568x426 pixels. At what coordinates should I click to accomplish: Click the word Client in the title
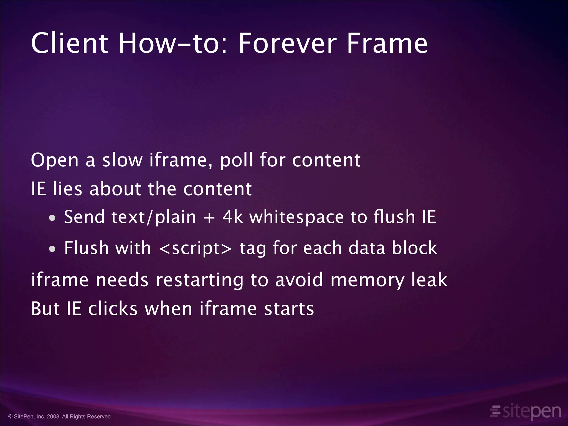(x=69, y=43)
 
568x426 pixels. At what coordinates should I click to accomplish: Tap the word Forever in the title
(x=287, y=43)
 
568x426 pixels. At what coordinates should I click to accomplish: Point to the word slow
(x=122, y=160)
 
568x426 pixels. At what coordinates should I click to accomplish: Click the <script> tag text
(x=196, y=248)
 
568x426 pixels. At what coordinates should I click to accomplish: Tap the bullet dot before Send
(x=52, y=218)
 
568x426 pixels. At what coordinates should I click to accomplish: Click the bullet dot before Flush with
(x=52, y=249)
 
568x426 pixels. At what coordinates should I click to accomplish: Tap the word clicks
(x=113, y=309)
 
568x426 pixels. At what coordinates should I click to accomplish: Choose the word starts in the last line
(x=289, y=309)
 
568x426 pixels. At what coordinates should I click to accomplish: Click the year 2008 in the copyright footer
(x=53, y=417)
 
